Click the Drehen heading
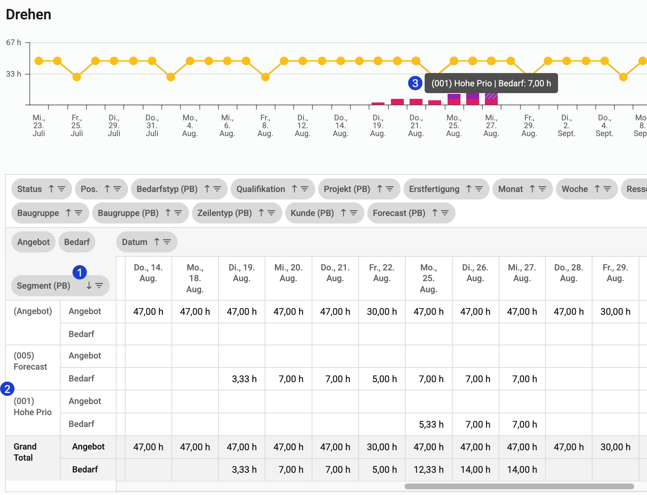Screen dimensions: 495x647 coord(29,15)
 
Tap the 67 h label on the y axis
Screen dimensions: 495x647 coord(13,42)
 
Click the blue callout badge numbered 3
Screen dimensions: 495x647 coord(415,83)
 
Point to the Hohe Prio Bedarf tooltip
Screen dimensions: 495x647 coord(491,83)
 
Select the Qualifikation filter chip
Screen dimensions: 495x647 coord(261,189)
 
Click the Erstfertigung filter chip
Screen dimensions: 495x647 coord(434,189)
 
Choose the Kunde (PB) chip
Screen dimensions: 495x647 coord(312,213)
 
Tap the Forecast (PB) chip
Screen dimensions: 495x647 coord(399,213)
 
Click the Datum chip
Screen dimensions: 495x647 coord(134,242)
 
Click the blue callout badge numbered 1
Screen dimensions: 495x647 coord(80,272)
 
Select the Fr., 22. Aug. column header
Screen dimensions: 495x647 coord(382,273)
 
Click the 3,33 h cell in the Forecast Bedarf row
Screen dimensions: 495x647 coord(244,379)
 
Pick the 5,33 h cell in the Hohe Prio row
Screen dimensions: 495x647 coord(431,424)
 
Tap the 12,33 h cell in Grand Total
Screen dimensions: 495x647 coord(428,470)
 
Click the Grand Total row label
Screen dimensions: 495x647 coord(25,452)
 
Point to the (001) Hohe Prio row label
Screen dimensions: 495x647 coord(32,407)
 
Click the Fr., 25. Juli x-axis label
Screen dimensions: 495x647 coord(76,125)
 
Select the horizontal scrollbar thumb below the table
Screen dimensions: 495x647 coord(519,486)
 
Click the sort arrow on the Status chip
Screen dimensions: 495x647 coord(51,189)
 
